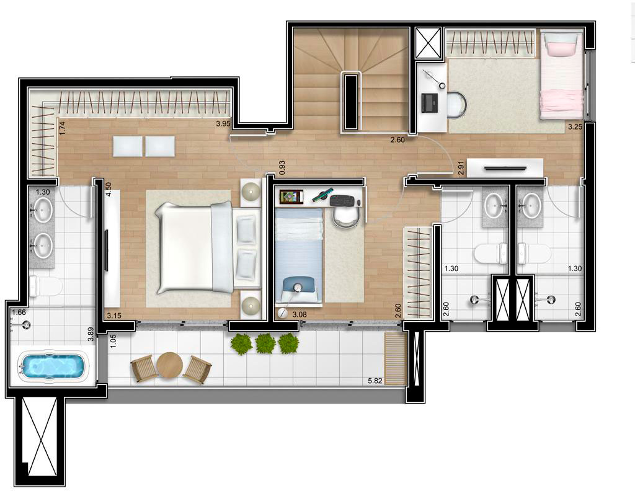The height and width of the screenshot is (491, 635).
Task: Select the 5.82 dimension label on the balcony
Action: click(375, 381)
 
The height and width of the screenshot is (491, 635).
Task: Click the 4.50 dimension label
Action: click(108, 189)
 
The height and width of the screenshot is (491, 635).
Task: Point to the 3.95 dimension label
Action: click(223, 124)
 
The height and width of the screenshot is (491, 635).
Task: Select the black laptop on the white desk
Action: click(430, 103)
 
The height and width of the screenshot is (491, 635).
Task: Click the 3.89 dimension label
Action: click(91, 335)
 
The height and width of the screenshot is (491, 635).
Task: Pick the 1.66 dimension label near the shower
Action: click(19, 312)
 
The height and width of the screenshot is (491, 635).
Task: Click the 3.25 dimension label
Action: click(575, 126)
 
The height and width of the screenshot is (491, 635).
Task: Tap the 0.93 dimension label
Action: click(282, 167)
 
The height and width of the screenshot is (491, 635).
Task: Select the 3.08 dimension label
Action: click(300, 314)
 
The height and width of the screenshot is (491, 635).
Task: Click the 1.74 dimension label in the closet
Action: click(63, 128)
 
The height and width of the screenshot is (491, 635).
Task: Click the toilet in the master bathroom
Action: click(46, 286)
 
